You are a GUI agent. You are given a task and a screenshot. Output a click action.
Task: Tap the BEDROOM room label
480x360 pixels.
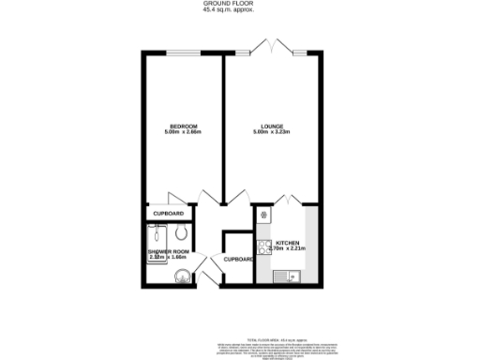pyautogui.click(x=183, y=126)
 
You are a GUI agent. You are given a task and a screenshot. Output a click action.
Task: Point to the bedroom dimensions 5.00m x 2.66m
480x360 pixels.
pyautogui.click(x=183, y=133)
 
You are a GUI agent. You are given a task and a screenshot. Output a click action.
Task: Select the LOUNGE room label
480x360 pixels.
pyautogui.click(x=273, y=126)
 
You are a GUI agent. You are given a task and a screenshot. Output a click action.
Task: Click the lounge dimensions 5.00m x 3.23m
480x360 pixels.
pyautogui.click(x=273, y=133)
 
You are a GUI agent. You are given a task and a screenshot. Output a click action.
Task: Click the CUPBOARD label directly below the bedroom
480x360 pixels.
pyautogui.click(x=168, y=214)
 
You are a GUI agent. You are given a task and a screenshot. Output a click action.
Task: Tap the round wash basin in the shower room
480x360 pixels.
pyautogui.click(x=181, y=276)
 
